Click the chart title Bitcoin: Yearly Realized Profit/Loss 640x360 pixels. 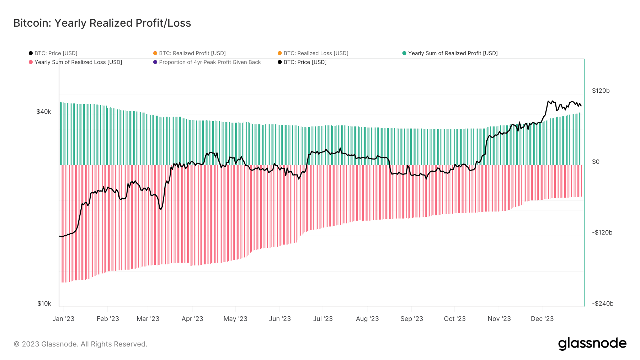pos(102,23)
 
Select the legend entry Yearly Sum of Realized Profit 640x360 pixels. pos(452,53)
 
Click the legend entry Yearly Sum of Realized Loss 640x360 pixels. pos(78,62)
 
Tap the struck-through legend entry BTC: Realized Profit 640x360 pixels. pos(192,53)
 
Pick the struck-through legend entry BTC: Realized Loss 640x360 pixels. pos(316,53)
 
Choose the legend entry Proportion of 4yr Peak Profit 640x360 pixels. pos(210,62)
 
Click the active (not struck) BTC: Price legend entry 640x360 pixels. pos(305,62)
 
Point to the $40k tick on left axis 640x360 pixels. pos(44,112)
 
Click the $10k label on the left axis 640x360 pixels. pos(44,303)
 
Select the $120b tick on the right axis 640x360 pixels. pos(601,91)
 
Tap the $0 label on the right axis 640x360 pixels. pos(596,162)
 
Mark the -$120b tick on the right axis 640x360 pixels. pos(602,232)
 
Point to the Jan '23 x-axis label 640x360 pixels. pos(63,319)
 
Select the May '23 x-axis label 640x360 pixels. pos(235,319)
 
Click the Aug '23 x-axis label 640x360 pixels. pos(367,319)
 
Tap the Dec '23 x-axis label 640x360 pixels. pos(542,319)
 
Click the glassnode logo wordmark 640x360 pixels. pos(592,344)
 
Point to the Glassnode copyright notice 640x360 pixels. pos(80,344)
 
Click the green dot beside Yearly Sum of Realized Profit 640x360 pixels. pos(404,53)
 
